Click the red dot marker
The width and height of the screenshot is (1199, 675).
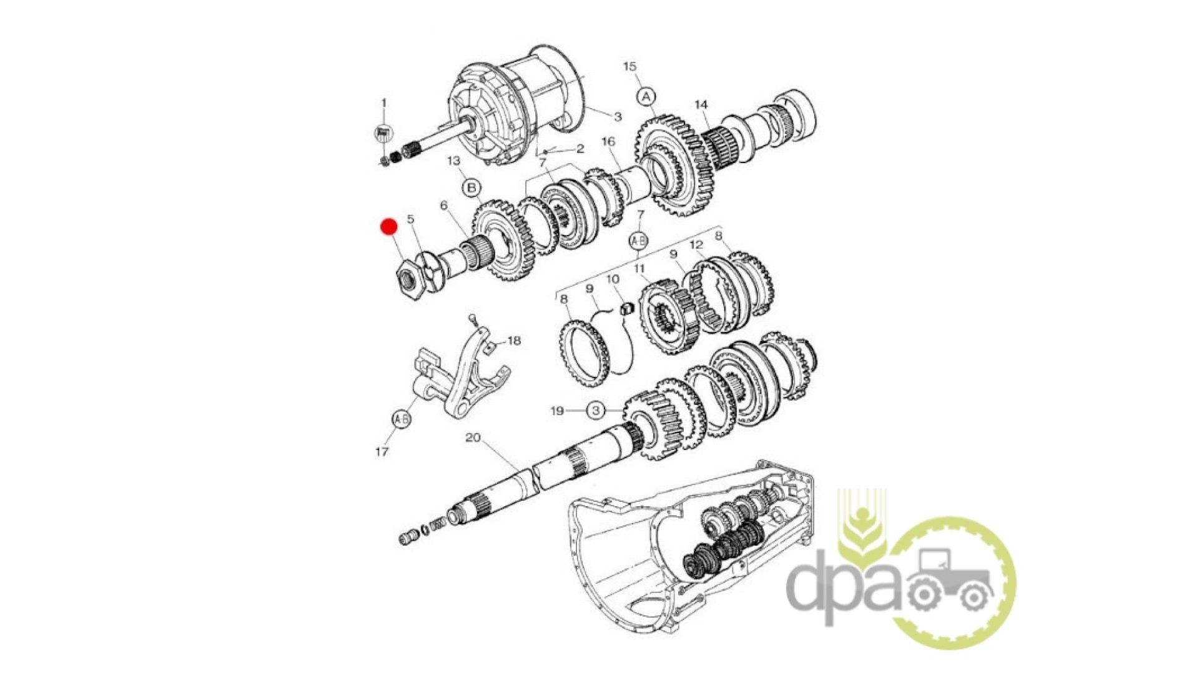pyautogui.click(x=389, y=226)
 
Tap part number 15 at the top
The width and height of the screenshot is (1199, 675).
pyautogui.click(x=629, y=66)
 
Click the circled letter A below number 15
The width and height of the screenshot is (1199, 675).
pyautogui.click(x=646, y=97)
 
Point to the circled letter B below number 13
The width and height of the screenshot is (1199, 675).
pyautogui.click(x=471, y=187)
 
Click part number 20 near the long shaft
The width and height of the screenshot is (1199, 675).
pyautogui.click(x=473, y=437)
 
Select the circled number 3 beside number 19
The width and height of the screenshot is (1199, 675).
pyautogui.click(x=596, y=411)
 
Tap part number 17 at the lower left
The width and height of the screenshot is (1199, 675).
pyautogui.click(x=382, y=451)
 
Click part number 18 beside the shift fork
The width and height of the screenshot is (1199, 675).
pyautogui.click(x=514, y=341)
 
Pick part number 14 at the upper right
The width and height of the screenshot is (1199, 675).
pyautogui.click(x=701, y=105)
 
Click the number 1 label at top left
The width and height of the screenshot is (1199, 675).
pyautogui.click(x=384, y=102)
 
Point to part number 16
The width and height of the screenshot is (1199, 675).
pyautogui.click(x=608, y=142)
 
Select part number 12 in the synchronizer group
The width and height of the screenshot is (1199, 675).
pyautogui.click(x=697, y=244)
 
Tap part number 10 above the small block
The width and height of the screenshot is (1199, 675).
pyautogui.click(x=613, y=279)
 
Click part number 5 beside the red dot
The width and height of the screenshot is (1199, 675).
pyautogui.click(x=410, y=219)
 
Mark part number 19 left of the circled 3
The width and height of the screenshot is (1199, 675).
pyautogui.click(x=557, y=411)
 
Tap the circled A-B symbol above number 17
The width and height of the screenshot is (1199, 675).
pyautogui.click(x=401, y=419)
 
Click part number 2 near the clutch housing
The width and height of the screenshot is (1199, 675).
pyautogui.click(x=580, y=149)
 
